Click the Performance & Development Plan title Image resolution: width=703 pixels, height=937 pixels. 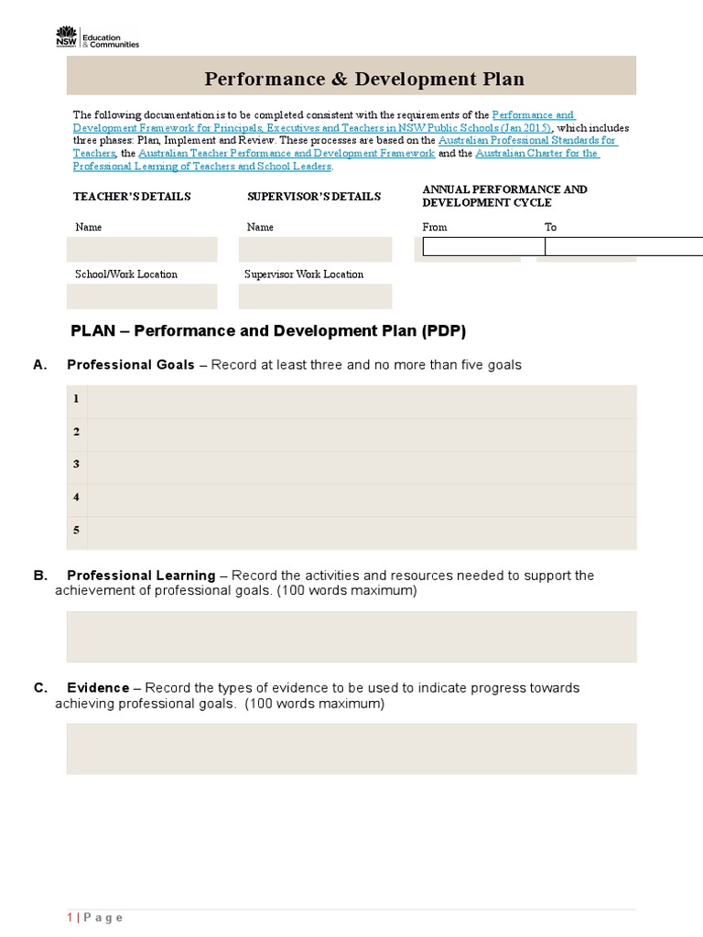363,79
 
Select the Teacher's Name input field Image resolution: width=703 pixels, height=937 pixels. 142,250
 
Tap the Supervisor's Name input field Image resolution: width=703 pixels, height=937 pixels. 315,250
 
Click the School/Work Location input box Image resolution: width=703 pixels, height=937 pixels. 142,296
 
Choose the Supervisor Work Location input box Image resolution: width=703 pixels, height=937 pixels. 315,296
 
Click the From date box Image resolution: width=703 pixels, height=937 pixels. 483,246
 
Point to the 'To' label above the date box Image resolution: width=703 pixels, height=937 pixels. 550,227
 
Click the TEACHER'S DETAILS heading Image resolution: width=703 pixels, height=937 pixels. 132,197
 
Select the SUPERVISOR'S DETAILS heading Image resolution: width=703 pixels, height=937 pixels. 313,197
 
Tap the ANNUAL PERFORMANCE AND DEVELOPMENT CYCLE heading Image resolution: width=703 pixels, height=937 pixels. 503,195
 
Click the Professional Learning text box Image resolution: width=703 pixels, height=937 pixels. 351,637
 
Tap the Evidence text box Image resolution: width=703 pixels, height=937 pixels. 351,749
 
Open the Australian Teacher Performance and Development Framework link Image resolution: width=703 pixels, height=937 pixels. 287,155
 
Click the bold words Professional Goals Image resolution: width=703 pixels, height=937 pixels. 130,365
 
